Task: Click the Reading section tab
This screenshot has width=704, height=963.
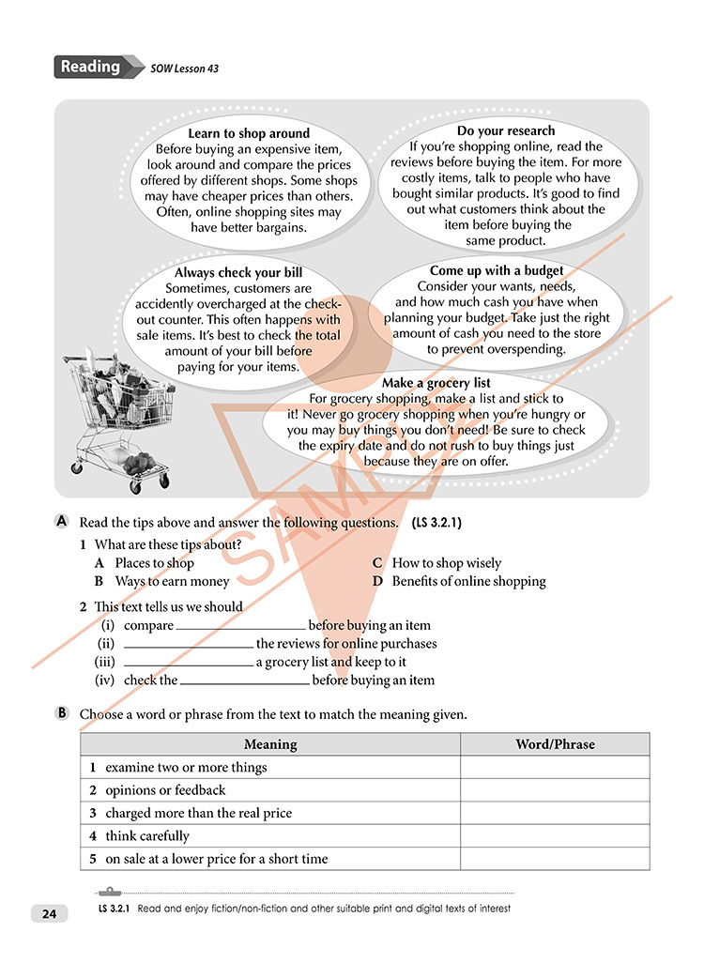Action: [x=91, y=67]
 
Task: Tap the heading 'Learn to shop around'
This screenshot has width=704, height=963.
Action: [x=249, y=133]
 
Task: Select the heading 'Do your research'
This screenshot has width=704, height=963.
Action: [x=506, y=130]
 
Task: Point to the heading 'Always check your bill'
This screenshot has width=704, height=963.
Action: [x=238, y=273]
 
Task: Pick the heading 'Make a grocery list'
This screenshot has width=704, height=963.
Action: [x=436, y=383]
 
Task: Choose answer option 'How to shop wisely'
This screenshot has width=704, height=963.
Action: [x=446, y=563]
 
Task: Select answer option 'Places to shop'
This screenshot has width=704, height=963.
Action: [x=154, y=563]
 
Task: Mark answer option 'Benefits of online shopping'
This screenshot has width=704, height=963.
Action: [x=467, y=581]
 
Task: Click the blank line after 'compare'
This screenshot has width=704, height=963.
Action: [x=240, y=627]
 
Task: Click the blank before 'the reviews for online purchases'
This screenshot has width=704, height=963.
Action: [x=188, y=645]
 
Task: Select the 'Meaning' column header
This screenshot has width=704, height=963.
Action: [x=270, y=744]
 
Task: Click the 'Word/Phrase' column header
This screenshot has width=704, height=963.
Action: [x=555, y=744]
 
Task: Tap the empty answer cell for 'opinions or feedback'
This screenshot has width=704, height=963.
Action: [x=555, y=790]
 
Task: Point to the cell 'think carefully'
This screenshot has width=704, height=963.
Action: [x=147, y=835]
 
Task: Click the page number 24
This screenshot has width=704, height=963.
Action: [x=46, y=913]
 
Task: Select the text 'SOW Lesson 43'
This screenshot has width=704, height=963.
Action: [x=185, y=69]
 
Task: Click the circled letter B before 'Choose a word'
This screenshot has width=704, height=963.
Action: [x=63, y=713]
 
